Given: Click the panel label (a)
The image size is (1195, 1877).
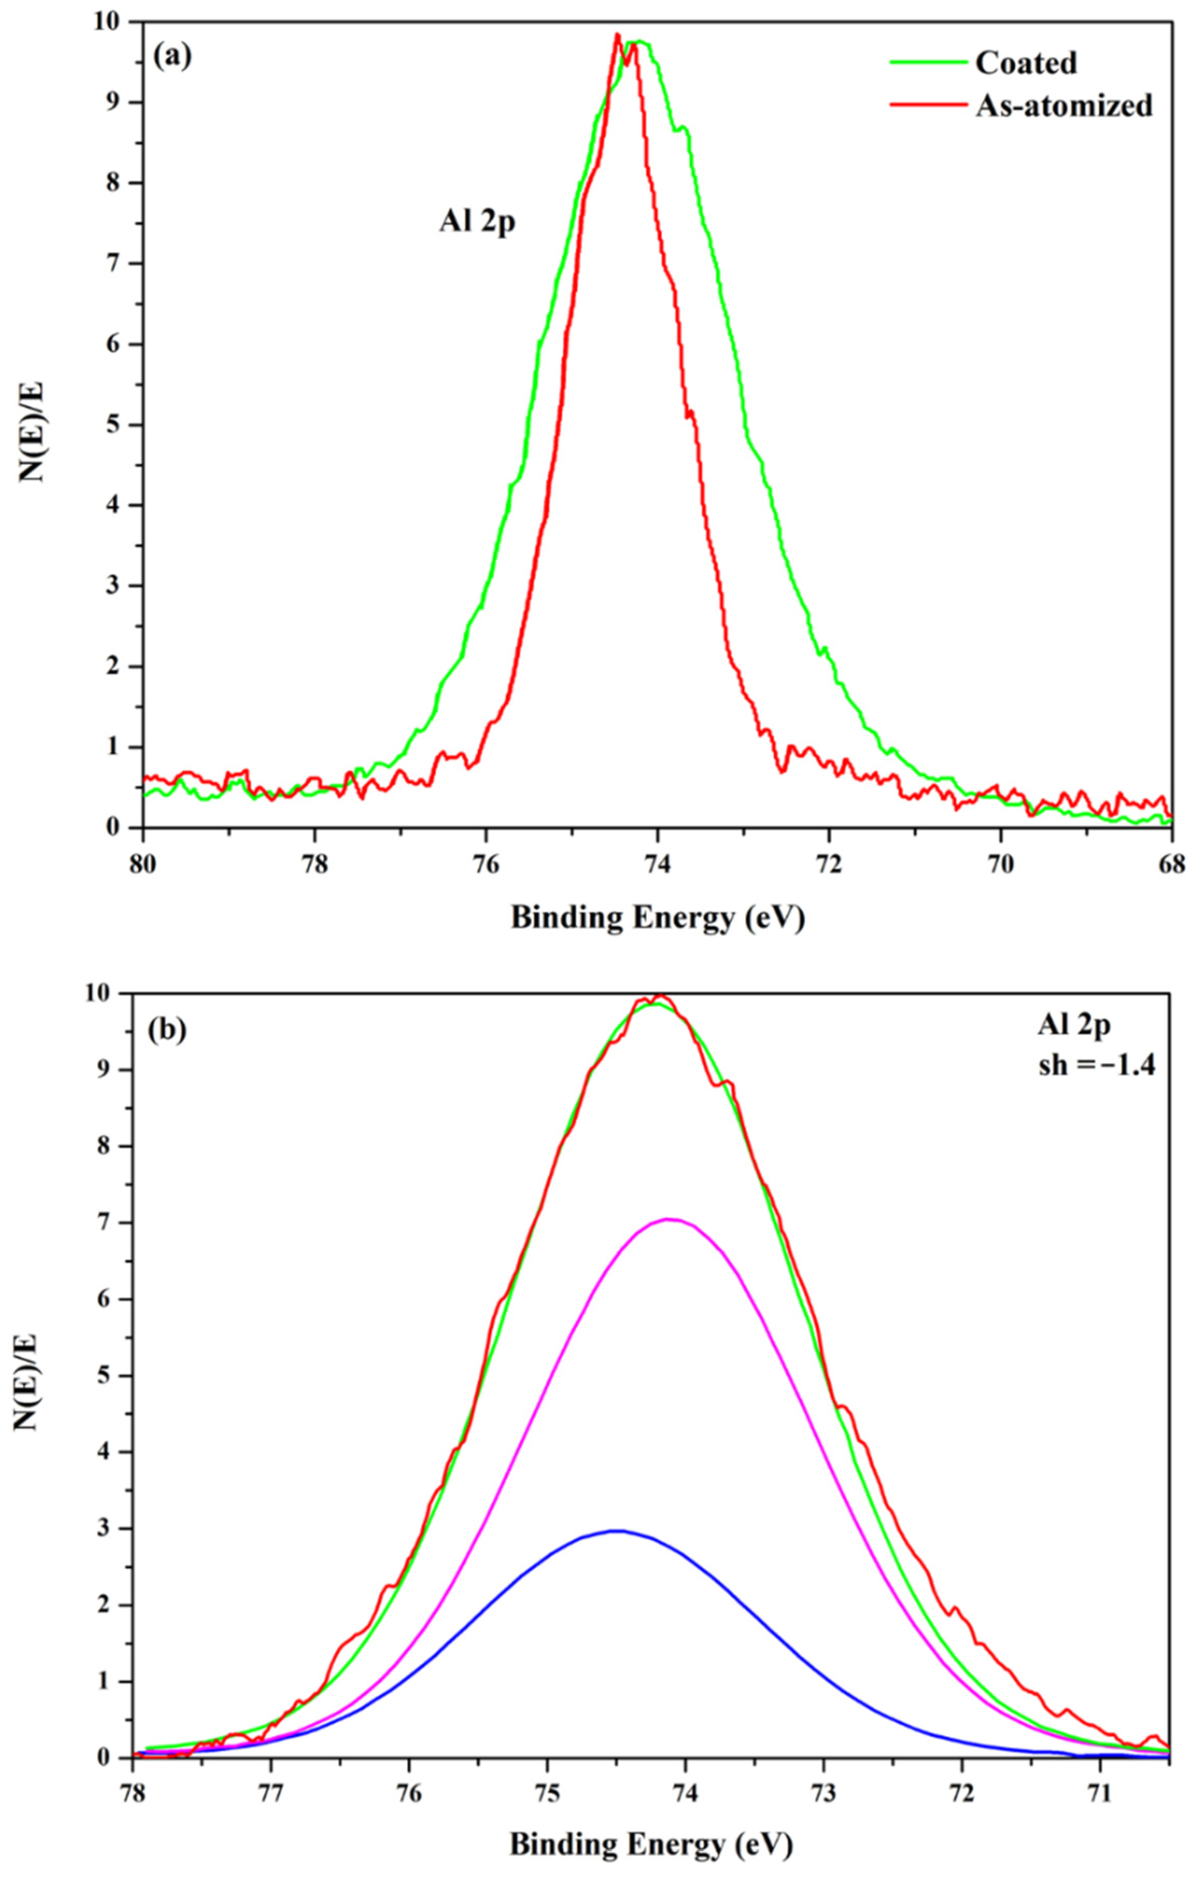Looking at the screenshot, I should click(x=172, y=56).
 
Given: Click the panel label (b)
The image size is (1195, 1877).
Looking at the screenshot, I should click(x=165, y=1031).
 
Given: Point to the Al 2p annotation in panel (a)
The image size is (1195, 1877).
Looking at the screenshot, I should click(x=477, y=224).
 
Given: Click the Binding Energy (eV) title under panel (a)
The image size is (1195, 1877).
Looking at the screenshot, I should click(x=656, y=918).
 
